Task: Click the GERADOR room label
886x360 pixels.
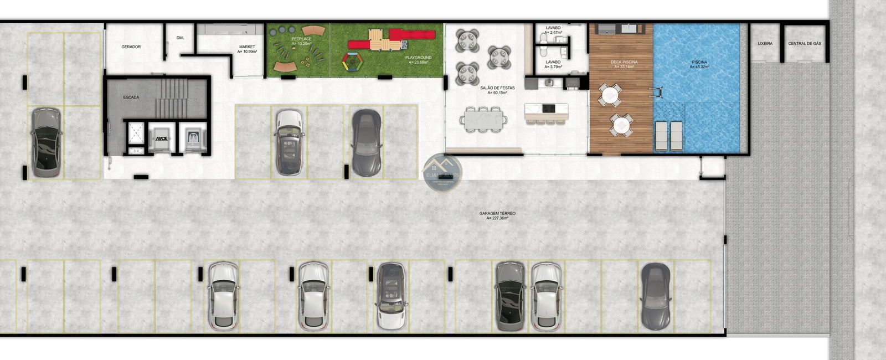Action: coord(131,47)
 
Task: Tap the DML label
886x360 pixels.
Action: coord(181,38)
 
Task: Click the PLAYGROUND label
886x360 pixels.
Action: coord(418,59)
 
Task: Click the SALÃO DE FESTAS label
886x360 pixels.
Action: coord(498,90)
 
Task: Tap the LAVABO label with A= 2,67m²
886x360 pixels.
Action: coord(553,30)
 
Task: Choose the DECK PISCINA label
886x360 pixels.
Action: coord(624,64)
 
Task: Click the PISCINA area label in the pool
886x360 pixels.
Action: coord(699,64)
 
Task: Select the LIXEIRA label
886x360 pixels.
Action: coord(765,44)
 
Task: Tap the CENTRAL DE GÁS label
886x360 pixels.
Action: coord(804,44)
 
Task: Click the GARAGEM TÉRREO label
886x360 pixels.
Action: coord(497,215)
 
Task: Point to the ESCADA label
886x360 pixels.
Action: coord(131,97)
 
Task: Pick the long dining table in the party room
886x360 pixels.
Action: coord(486,118)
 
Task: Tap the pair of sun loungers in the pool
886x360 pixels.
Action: coord(668,135)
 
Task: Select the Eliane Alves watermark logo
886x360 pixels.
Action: coord(442,171)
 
